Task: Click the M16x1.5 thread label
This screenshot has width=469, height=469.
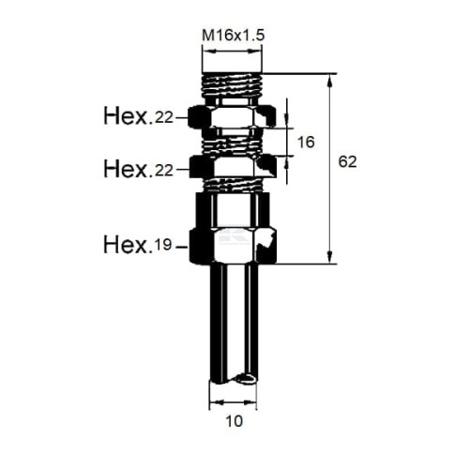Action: (234, 36)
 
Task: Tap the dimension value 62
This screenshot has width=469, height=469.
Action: (347, 162)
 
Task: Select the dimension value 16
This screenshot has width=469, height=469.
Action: (306, 143)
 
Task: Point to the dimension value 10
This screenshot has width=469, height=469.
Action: (234, 421)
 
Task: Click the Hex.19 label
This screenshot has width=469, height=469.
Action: (138, 245)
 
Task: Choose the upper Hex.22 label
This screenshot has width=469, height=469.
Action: (138, 116)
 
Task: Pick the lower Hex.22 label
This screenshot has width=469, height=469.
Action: (138, 169)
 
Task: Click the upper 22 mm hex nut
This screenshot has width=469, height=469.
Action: (232, 116)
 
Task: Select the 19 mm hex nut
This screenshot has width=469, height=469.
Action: (233, 247)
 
